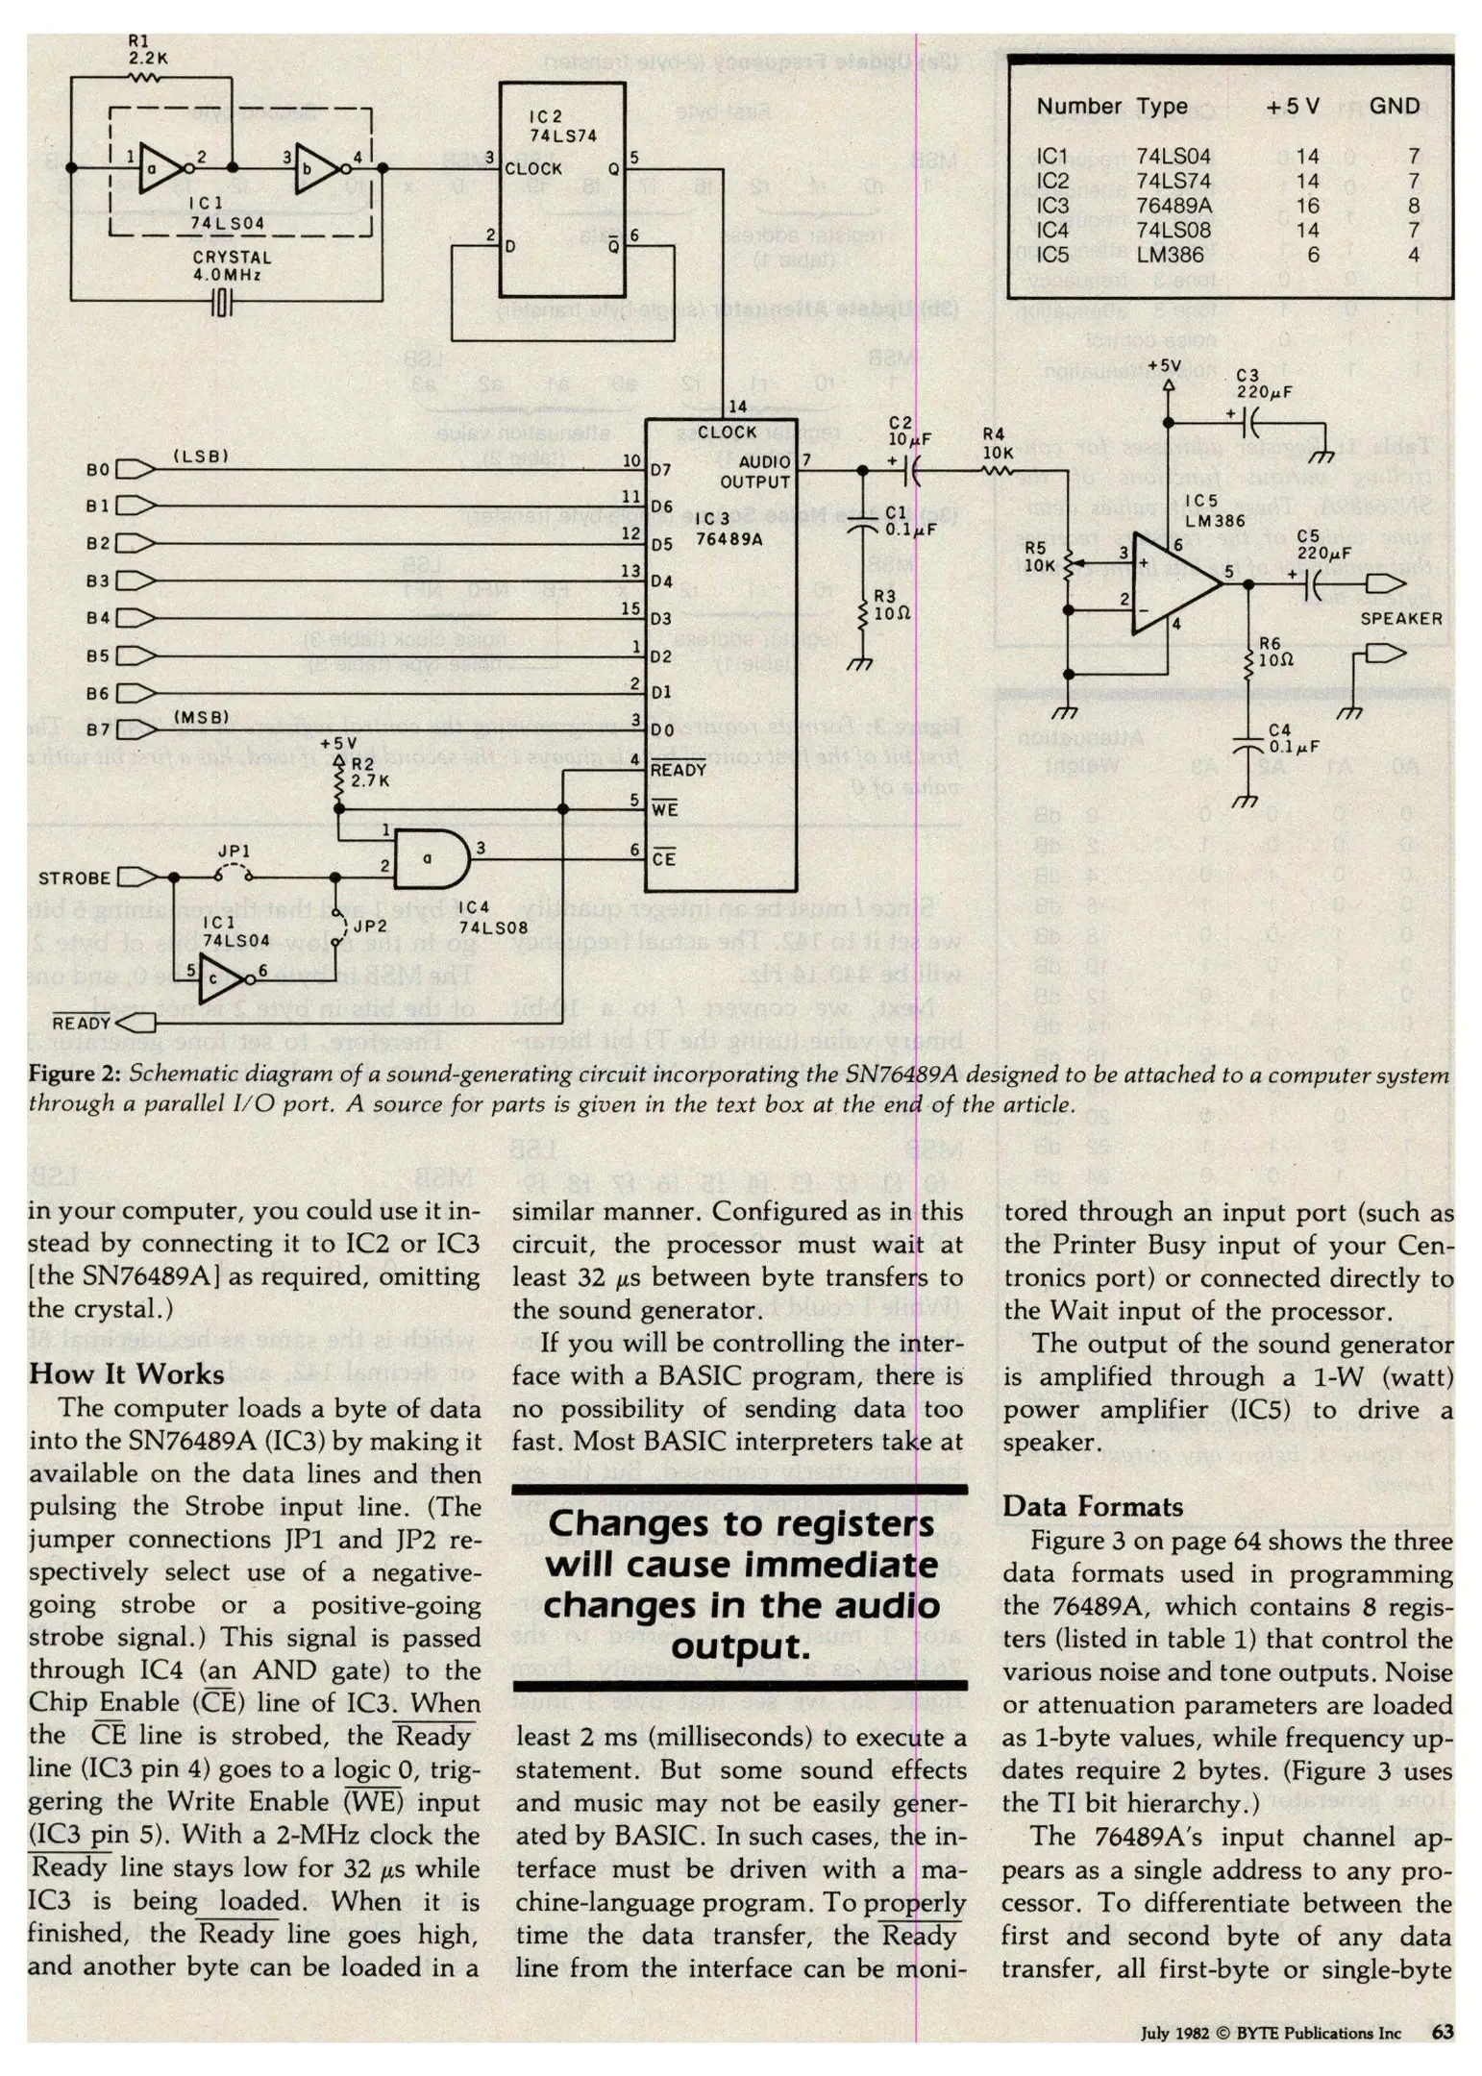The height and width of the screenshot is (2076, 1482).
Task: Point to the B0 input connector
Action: tap(136, 469)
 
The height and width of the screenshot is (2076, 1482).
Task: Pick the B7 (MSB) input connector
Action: tap(136, 729)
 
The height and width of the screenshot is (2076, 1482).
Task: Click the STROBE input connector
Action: tap(136, 877)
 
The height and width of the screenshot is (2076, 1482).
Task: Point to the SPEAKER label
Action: tap(1400, 619)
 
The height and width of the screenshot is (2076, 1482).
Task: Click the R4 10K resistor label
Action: tap(997, 443)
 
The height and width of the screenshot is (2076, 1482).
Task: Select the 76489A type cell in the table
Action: tap(1173, 206)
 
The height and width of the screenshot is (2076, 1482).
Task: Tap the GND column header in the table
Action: tap(1394, 106)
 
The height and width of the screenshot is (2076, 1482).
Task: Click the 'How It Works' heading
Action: tap(126, 1373)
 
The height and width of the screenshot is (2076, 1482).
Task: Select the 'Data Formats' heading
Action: tap(1092, 1506)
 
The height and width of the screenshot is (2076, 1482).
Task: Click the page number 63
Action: tap(1442, 2032)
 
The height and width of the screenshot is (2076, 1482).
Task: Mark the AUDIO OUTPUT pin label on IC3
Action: tap(754, 472)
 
